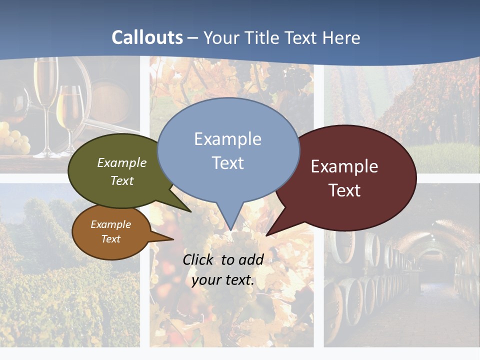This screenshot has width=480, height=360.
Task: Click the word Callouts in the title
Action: point(147,37)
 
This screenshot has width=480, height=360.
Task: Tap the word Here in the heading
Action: point(341,38)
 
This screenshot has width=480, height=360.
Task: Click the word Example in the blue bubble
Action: point(227,139)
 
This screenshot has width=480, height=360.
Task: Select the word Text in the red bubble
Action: point(344,190)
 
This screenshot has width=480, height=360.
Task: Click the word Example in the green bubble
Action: point(122,162)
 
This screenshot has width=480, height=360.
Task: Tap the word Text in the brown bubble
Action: point(111,239)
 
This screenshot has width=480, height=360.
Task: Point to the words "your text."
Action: point(223,280)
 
